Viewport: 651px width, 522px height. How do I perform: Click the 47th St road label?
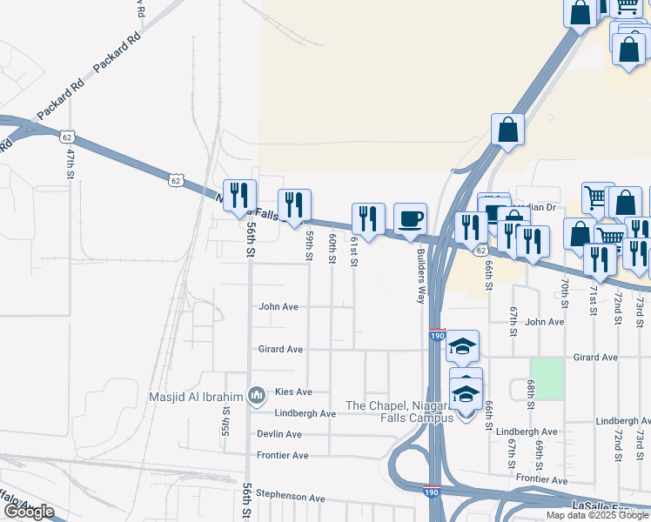[x=70, y=164]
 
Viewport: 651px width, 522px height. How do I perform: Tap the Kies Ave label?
[x=292, y=392]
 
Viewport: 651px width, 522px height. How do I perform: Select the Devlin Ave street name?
[x=279, y=434]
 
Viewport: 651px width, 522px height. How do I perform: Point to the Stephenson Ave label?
[x=290, y=498]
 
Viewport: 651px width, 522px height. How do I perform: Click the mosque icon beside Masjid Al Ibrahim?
[x=256, y=397]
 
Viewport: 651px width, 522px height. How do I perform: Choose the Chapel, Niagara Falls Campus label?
[x=400, y=412]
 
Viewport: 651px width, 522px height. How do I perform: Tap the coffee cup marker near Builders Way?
[x=411, y=219]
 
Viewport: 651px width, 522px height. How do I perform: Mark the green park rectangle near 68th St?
[x=547, y=378]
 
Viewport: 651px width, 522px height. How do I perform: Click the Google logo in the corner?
[x=29, y=512]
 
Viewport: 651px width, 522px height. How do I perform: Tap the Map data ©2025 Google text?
[x=597, y=515]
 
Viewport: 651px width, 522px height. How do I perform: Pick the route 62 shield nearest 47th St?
[x=67, y=137]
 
